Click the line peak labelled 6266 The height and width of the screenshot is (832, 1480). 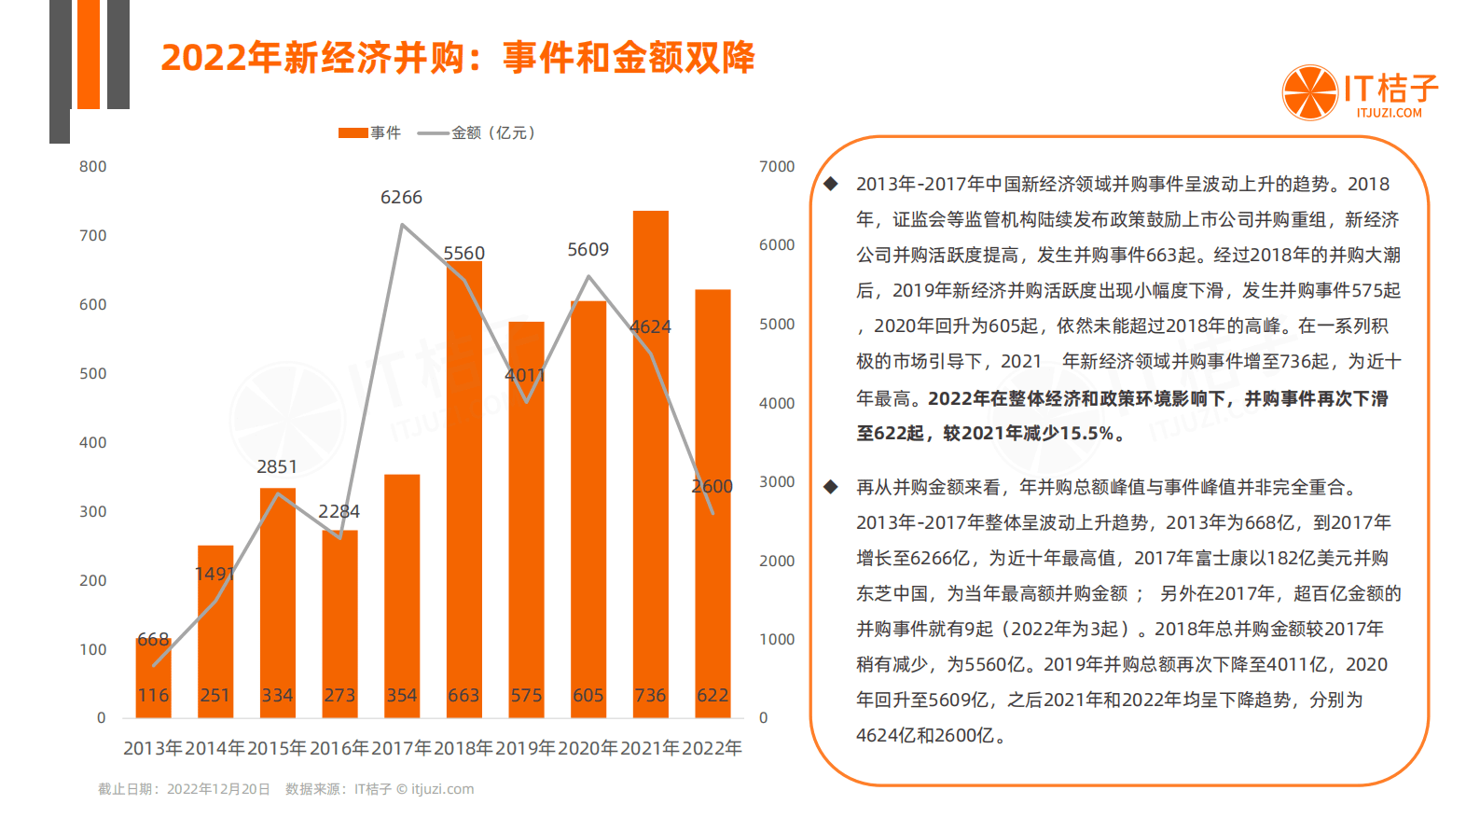point(402,225)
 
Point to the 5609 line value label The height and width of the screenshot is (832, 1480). point(588,250)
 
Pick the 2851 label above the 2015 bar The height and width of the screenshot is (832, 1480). point(277,467)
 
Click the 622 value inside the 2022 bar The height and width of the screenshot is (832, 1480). point(712,696)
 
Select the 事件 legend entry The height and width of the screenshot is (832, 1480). point(369,133)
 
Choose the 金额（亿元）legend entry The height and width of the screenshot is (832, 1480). point(477,133)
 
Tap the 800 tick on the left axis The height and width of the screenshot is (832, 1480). point(93,167)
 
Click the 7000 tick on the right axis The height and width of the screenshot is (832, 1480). point(777,167)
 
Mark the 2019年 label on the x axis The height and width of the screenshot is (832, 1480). point(526,748)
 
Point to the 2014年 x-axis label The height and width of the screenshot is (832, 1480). point(215,748)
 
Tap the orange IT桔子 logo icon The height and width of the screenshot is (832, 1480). point(1309,92)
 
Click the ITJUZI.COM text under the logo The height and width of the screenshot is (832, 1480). point(1389,113)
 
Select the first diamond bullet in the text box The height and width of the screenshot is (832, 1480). point(831,184)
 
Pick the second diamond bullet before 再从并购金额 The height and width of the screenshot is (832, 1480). point(831,487)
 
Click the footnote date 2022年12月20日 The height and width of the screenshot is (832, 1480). point(218,789)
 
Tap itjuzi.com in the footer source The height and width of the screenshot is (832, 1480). point(442,789)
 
